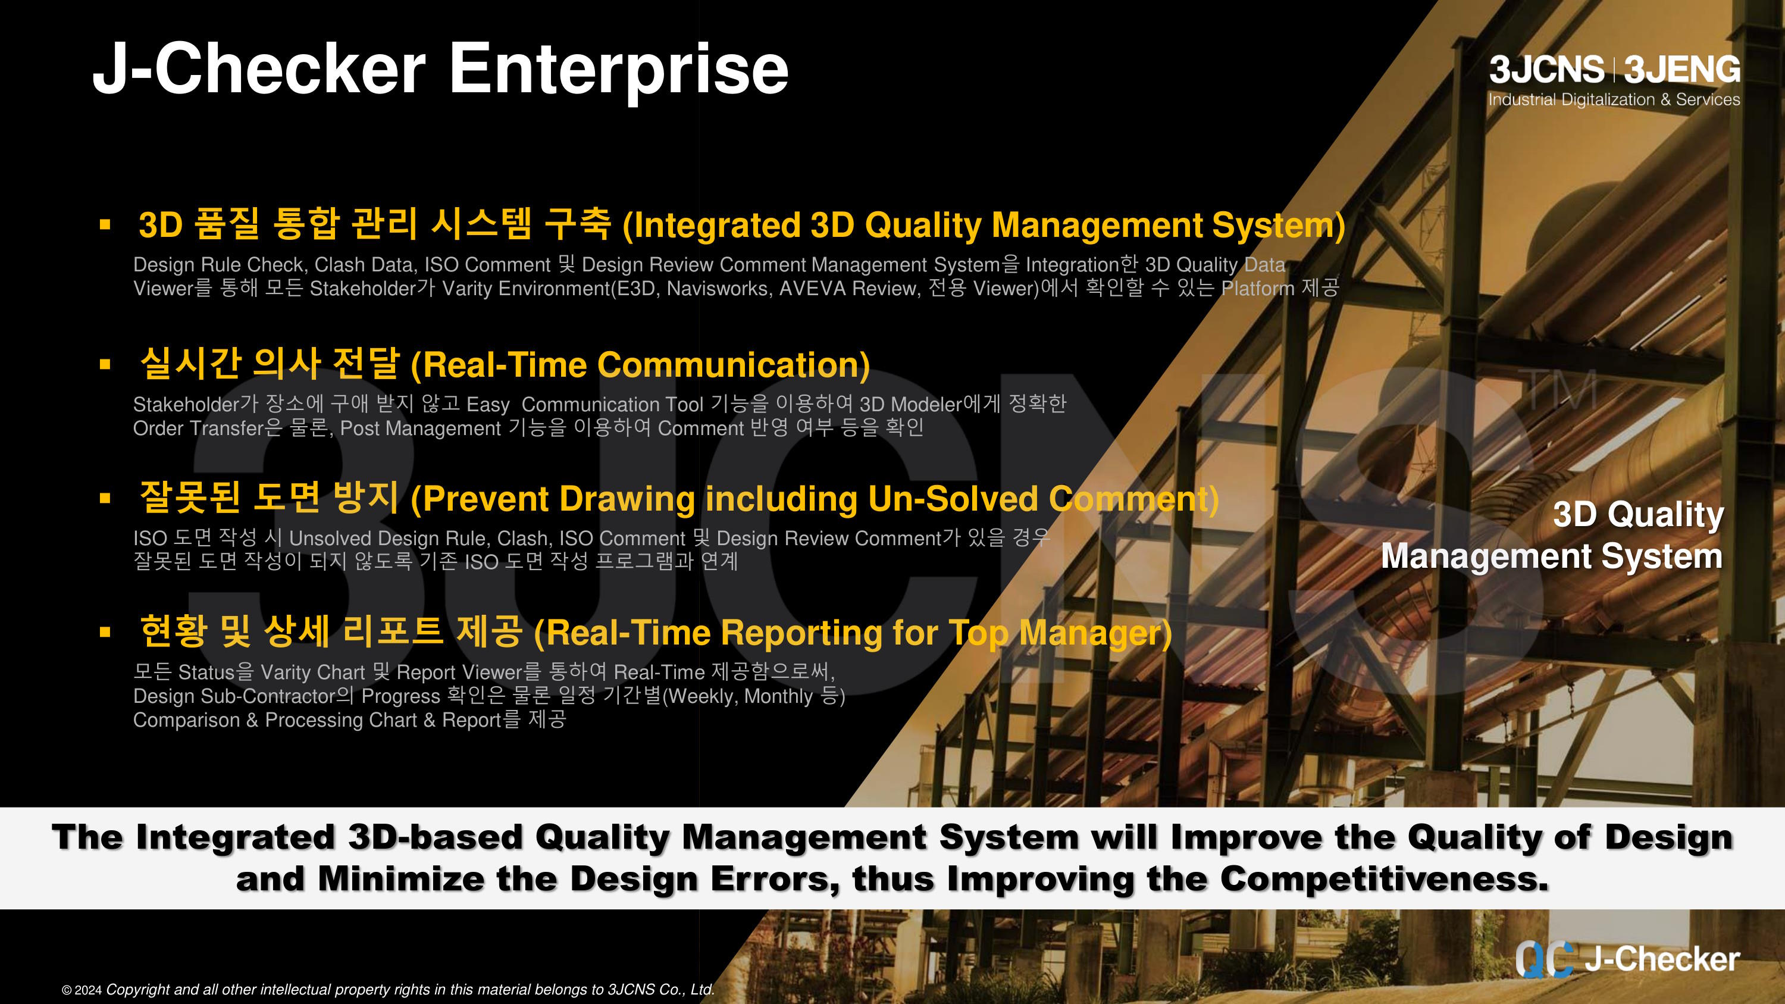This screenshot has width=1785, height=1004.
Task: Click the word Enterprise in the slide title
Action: pos(619,69)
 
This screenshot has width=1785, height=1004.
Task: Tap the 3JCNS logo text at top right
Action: pos(1546,70)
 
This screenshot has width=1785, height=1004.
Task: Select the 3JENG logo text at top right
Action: pos(1681,70)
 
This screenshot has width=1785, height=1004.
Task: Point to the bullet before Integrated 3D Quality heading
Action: pos(105,224)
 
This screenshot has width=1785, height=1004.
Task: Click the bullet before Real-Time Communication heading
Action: pos(105,364)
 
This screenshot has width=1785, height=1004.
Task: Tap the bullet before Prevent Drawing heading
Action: pos(105,498)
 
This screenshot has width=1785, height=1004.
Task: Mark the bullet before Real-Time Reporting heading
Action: pos(105,632)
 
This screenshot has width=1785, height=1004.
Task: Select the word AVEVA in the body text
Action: pos(813,288)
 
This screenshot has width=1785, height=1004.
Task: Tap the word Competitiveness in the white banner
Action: pos(1384,879)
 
